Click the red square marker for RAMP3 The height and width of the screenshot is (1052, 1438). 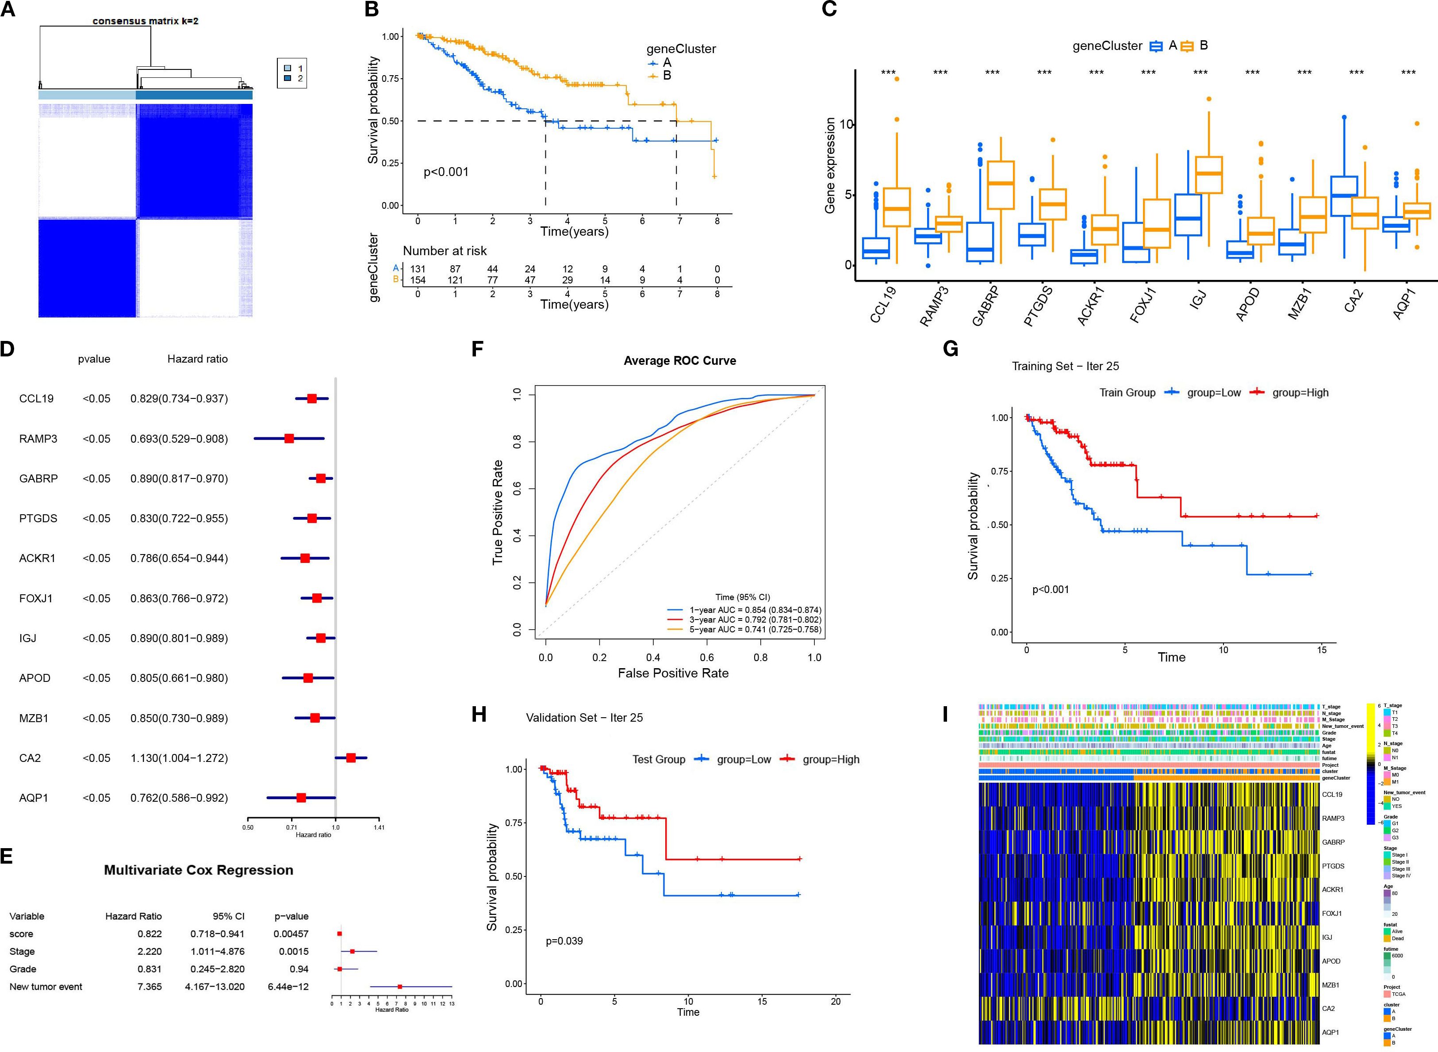click(x=289, y=439)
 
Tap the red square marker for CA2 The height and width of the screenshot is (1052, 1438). click(x=351, y=758)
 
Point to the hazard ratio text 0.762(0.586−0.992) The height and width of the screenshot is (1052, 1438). click(x=179, y=798)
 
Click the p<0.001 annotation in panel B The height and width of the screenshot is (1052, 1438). click(x=446, y=172)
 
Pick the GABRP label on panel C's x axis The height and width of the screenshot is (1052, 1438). click(x=986, y=306)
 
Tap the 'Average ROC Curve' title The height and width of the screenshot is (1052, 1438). click(x=679, y=360)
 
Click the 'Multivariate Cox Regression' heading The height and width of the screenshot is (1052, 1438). click(x=198, y=870)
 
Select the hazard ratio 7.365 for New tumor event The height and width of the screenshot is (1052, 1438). click(x=149, y=987)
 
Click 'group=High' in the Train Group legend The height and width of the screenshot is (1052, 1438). click(x=1300, y=392)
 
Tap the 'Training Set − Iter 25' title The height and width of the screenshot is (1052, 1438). click(x=1065, y=366)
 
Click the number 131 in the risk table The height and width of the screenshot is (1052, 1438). click(x=417, y=269)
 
